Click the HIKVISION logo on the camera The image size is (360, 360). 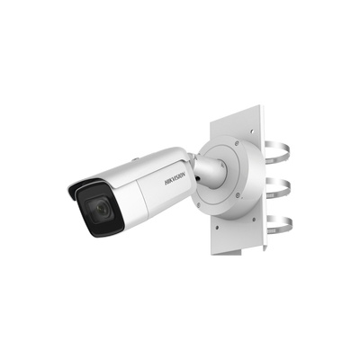175,178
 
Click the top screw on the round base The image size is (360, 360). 237,142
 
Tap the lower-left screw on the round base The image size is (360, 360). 198,205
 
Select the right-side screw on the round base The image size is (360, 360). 238,195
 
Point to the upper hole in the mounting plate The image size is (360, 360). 251,131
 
